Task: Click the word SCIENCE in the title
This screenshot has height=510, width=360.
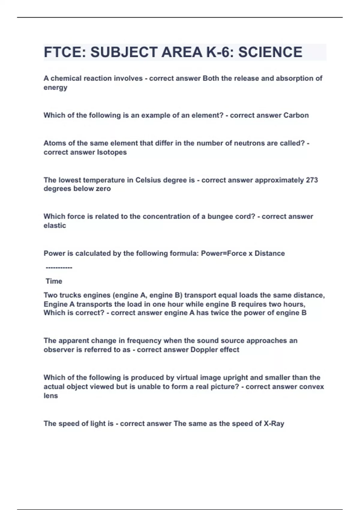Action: coord(270,52)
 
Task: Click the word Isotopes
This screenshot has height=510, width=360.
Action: coord(112,152)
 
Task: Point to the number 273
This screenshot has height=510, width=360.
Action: coord(312,180)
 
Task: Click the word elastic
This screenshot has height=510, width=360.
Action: coord(55,226)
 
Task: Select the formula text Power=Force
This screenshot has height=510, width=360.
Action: coord(224,253)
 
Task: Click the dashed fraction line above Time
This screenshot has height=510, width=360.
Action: coord(59,268)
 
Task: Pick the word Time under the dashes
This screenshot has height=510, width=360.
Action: coord(54,281)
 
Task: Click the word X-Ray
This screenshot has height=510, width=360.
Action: coord(274,424)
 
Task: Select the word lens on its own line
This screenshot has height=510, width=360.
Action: coord(50,396)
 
